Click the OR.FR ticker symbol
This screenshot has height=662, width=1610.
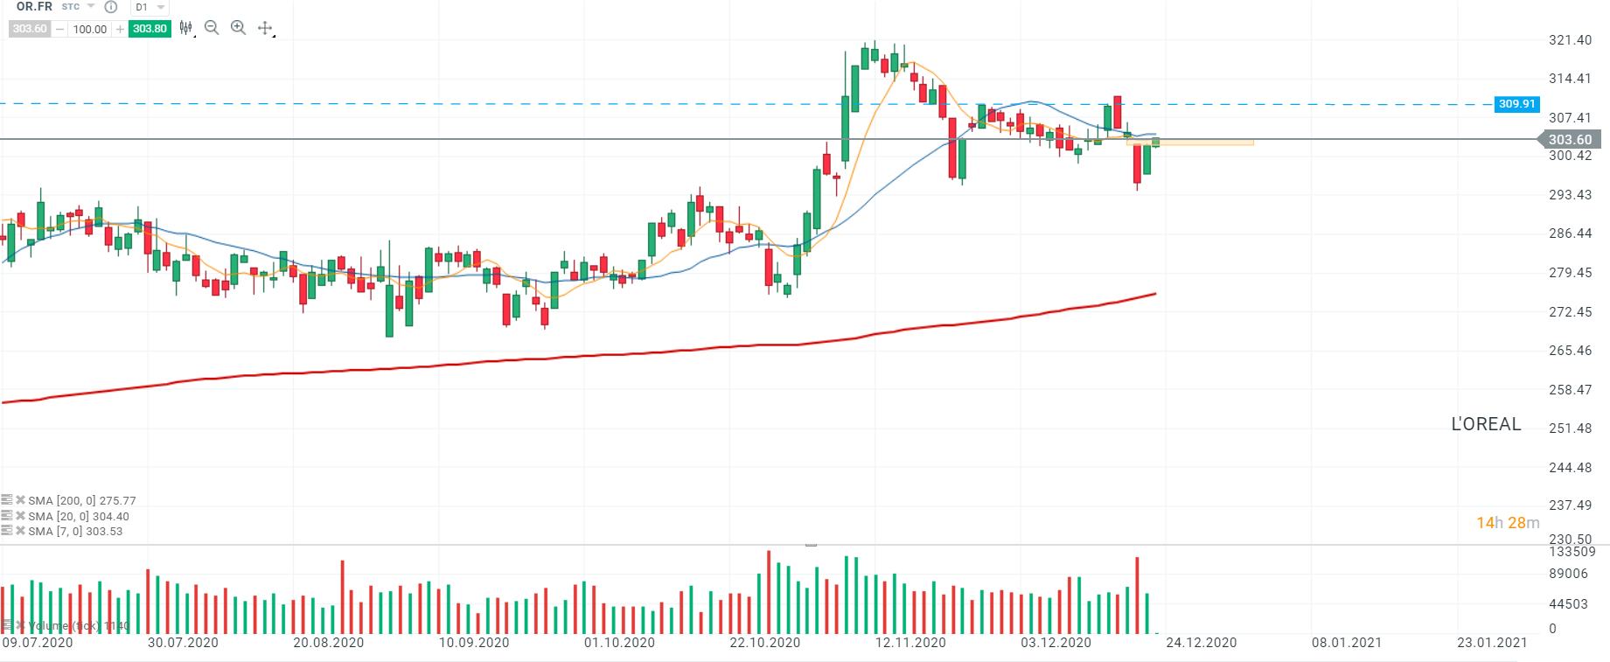pyautogui.click(x=34, y=7)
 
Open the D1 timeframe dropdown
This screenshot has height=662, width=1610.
pyautogui.click(x=150, y=7)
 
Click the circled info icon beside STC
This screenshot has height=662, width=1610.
pyautogui.click(x=111, y=7)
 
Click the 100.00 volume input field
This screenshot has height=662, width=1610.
pyautogui.click(x=90, y=29)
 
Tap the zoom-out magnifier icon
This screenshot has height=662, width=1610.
pyautogui.click(x=212, y=28)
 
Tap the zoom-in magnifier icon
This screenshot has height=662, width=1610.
pyautogui.click(x=238, y=28)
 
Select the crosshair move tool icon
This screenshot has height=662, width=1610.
pyautogui.click(x=265, y=28)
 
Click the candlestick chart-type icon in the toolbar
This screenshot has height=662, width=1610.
pyautogui.click(x=185, y=28)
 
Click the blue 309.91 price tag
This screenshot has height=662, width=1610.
pyautogui.click(x=1516, y=104)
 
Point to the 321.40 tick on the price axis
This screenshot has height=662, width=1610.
pyautogui.click(x=1570, y=40)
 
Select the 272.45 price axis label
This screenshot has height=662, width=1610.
pyautogui.click(x=1570, y=312)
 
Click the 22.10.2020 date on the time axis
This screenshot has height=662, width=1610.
pyautogui.click(x=765, y=643)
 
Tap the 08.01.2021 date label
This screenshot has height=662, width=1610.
pyautogui.click(x=1347, y=643)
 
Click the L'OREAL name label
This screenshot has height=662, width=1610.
pyautogui.click(x=1486, y=424)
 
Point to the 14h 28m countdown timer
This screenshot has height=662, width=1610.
pyautogui.click(x=1508, y=523)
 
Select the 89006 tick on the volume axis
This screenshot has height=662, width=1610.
pyautogui.click(x=1568, y=575)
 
